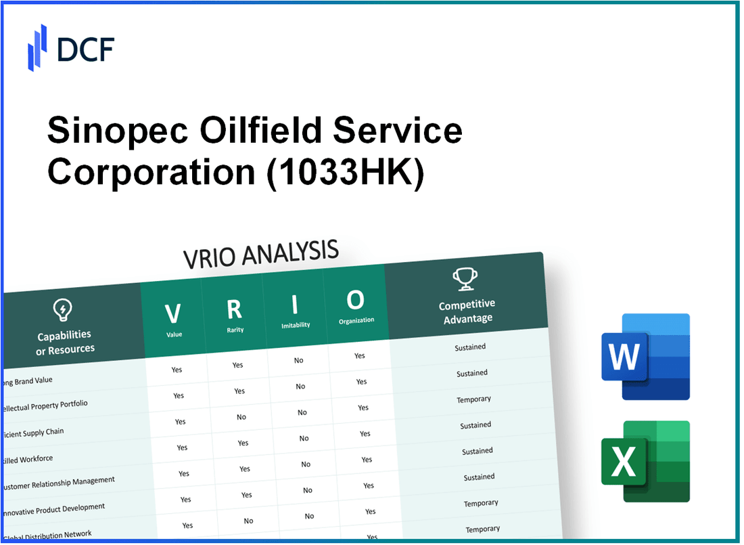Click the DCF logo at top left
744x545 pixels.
pyautogui.click(x=71, y=47)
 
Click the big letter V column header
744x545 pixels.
pyautogui.click(x=172, y=313)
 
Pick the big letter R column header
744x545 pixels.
pyautogui.click(x=234, y=309)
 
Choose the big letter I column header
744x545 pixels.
pyautogui.click(x=295, y=304)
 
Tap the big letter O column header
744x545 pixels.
pyautogui.click(x=355, y=299)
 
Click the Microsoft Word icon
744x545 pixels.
pyautogui.click(x=645, y=356)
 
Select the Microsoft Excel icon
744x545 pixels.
pyautogui.click(x=645, y=462)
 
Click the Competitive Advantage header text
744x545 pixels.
pyautogui.click(x=467, y=311)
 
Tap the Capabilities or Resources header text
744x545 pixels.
pyautogui.click(x=65, y=343)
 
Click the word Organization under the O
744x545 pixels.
pyautogui.click(x=356, y=321)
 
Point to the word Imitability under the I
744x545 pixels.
pyautogui.click(x=296, y=326)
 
